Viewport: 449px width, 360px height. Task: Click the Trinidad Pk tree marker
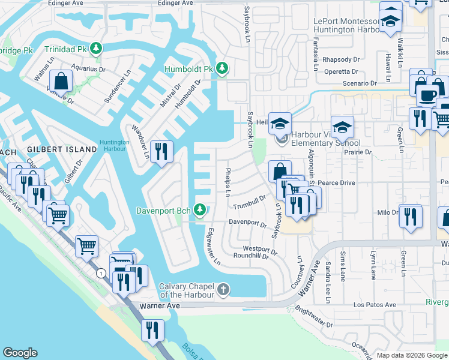tap(95, 48)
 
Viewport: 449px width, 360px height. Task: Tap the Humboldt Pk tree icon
tap(222, 67)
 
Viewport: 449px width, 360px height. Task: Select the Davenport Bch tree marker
tap(204, 210)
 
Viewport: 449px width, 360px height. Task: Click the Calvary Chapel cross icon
tap(223, 290)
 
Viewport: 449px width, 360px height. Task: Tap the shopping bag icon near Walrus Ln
tap(61, 81)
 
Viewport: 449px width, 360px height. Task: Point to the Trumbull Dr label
tap(250, 202)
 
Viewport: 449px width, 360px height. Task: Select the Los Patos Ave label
tap(375, 305)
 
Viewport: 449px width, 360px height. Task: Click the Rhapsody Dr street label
tap(340, 60)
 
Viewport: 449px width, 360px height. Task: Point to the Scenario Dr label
tap(357, 83)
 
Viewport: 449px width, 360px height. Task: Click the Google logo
tap(20, 353)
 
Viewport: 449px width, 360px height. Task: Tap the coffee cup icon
tap(428, 96)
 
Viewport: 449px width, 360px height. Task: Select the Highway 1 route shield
tap(101, 273)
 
